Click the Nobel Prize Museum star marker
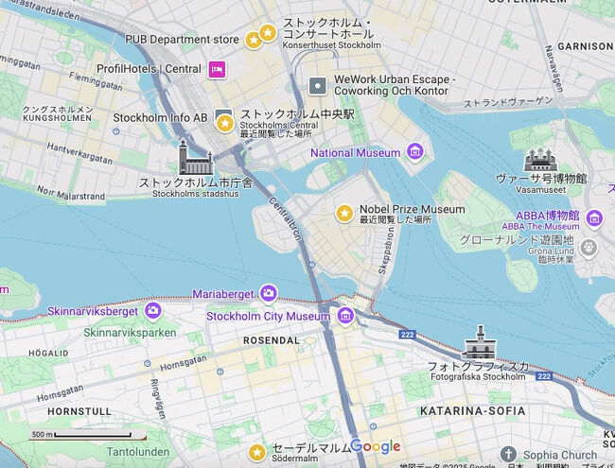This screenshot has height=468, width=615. pos(344,213)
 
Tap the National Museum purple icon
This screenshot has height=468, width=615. pos(414,151)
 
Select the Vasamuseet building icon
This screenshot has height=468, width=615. pos(540,159)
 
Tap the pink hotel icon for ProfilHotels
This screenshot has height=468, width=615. pos(218,68)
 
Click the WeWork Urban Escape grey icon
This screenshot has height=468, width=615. pos(318,86)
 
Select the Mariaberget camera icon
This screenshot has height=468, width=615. pos(269,293)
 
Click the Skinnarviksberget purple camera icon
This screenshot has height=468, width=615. pos(153,310)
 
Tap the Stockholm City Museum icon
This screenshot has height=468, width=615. pos(345,316)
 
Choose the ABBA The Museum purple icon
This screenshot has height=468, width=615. pos(593,219)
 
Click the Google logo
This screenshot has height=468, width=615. pos(376,446)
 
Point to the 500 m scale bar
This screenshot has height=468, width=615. pos(80,435)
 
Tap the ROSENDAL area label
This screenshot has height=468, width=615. pos(272,340)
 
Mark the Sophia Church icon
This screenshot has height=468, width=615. pos(508,455)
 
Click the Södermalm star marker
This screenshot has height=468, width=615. pos(255,453)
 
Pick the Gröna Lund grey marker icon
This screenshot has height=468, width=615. pos(589,248)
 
